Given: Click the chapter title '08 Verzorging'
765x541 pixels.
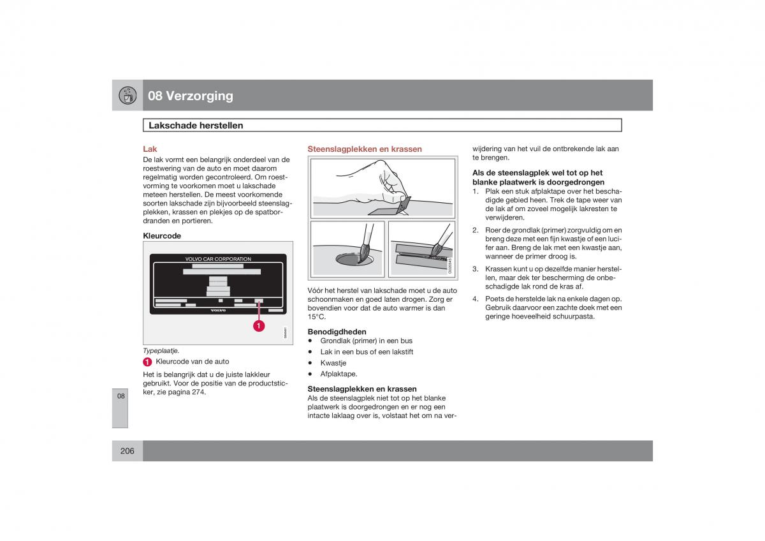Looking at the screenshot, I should pyautogui.click(x=191, y=96).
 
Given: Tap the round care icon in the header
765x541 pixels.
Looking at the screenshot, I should pyautogui.click(x=127, y=95).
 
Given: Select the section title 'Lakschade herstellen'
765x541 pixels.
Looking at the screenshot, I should pyautogui.click(x=196, y=126).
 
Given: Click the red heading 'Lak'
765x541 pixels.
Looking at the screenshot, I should pyautogui.click(x=150, y=149).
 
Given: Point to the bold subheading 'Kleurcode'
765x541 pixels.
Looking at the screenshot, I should pyautogui.click(x=162, y=235).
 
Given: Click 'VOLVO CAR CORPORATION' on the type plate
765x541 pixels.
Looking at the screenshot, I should pyautogui.click(x=218, y=259).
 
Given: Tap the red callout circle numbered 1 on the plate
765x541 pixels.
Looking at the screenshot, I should pyautogui.click(x=259, y=326).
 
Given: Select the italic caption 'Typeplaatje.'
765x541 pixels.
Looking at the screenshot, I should pyautogui.click(x=161, y=350).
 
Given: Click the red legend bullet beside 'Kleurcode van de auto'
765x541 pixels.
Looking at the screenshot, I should pyautogui.click(x=147, y=362).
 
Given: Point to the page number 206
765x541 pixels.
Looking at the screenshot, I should pyautogui.click(x=127, y=451).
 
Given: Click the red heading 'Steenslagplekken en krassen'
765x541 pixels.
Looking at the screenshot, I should pyautogui.click(x=365, y=149).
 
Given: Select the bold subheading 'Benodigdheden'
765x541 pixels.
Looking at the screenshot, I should pyautogui.click(x=337, y=332).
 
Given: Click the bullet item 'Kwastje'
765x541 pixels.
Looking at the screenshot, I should pyautogui.click(x=333, y=363).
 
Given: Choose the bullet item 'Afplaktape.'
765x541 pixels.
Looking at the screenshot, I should pyautogui.click(x=339, y=374).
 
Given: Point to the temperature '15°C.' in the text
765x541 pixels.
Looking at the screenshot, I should pyautogui.click(x=317, y=316).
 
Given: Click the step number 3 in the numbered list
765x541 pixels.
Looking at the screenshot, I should pyautogui.click(x=475, y=269).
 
